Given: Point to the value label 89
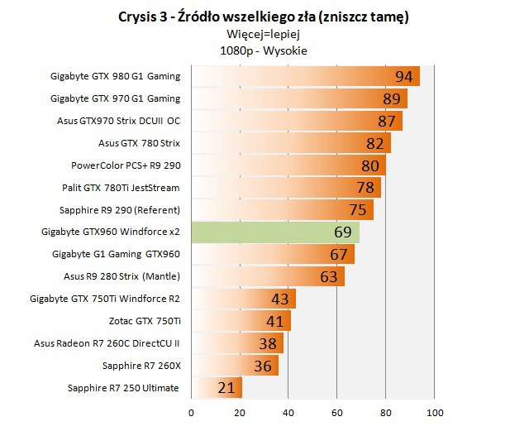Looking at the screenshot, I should [x=393, y=98].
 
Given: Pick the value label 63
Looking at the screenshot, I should [x=329, y=276].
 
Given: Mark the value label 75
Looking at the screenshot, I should [x=359, y=209].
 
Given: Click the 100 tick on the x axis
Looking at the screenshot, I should [x=435, y=411].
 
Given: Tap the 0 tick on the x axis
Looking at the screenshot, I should [x=192, y=411].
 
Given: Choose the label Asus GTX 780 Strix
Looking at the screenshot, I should [x=139, y=143].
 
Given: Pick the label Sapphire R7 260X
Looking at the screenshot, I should [x=141, y=365].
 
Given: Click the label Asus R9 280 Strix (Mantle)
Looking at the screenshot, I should [x=122, y=275].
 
